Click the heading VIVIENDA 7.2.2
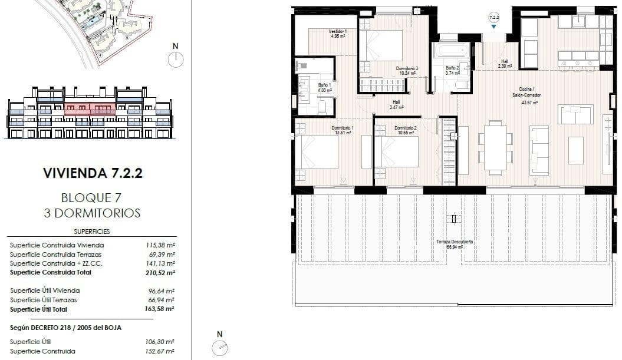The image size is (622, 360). [93, 173]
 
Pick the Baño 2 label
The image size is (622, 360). [452, 70]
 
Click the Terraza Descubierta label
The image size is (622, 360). [455, 243]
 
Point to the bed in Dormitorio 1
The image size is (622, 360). [317, 152]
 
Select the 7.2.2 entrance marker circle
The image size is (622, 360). [493, 18]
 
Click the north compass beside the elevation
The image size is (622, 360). [176, 59]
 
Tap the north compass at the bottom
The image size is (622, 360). [219, 348]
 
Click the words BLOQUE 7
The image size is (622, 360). [93, 197]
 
